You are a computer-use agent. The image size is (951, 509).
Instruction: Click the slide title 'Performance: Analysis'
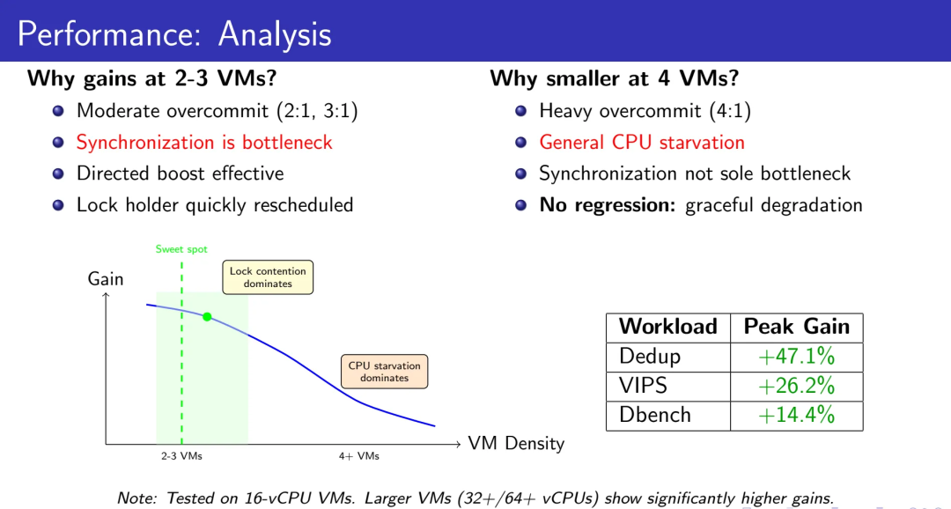tap(174, 34)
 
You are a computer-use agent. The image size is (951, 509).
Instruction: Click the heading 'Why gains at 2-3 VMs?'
tap(152, 78)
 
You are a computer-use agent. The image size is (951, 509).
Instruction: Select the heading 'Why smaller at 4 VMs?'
tap(614, 78)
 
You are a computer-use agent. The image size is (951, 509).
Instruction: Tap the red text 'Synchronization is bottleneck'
tap(204, 142)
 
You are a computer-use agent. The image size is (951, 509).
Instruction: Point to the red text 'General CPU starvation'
tap(642, 142)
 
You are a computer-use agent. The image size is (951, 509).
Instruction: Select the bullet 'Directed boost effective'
tap(180, 173)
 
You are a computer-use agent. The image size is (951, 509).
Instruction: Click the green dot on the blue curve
tap(207, 316)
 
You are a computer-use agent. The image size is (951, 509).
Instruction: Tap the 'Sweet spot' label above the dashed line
tap(181, 249)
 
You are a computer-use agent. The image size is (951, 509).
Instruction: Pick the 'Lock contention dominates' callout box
tap(268, 277)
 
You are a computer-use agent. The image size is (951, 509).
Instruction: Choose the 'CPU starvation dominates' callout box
tap(384, 372)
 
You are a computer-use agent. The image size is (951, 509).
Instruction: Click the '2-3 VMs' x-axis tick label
tap(181, 456)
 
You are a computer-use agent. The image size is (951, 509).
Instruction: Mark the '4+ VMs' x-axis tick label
tap(358, 456)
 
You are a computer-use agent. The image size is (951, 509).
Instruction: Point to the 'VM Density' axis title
tap(516, 443)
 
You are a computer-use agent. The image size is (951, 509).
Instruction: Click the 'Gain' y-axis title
tap(106, 279)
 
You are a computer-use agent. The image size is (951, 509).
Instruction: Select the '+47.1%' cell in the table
tap(797, 357)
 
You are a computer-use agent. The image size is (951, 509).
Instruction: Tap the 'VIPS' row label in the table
tap(643, 386)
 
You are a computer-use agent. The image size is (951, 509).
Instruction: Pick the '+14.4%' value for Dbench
tap(797, 415)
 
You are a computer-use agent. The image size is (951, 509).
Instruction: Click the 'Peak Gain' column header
tap(797, 327)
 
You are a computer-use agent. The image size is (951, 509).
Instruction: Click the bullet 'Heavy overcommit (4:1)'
tap(645, 111)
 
